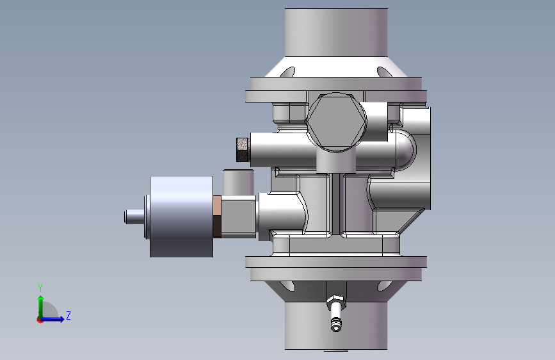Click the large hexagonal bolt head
[336, 122]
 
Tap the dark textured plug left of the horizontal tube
[243, 150]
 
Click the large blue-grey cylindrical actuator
[182, 217]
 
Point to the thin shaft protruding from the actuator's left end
[134, 217]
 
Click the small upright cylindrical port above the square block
[238, 183]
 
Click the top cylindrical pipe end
[336, 32]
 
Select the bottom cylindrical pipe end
[336, 325]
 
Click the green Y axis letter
[40, 288]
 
